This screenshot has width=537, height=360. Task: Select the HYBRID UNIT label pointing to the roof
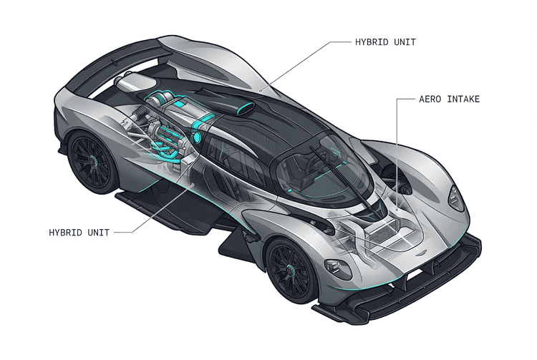tap(385, 42)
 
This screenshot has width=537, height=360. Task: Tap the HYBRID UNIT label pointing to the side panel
tap(79, 233)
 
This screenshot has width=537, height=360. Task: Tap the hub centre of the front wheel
tap(290, 271)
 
